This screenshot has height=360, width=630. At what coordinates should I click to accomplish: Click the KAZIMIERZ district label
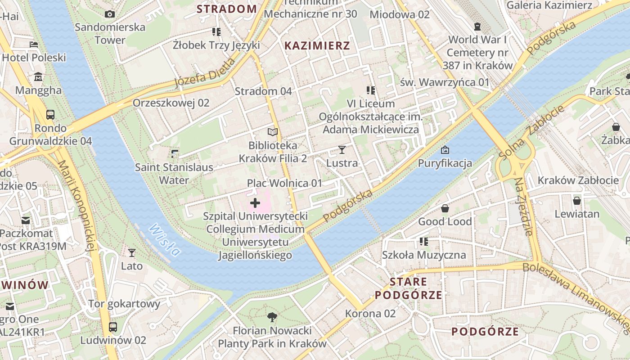(x=317, y=45)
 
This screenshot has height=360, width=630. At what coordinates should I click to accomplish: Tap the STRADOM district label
(x=226, y=9)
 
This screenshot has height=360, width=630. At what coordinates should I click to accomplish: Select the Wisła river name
(x=165, y=240)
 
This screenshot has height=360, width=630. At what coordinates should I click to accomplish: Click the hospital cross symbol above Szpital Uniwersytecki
(x=255, y=203)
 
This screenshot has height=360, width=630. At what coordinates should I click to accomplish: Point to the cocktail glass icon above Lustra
(x=342, y=150)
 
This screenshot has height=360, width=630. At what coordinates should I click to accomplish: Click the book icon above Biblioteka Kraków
(x=273, y=132)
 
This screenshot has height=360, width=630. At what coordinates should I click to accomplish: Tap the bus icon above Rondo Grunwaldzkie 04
(x=50, y=115)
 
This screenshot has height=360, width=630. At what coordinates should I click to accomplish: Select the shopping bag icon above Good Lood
(x=445, y=208)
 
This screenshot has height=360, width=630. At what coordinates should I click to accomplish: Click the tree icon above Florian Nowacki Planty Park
(x=272, y=317)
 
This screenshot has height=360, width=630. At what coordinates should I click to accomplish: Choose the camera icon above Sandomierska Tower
(x=110, y=14)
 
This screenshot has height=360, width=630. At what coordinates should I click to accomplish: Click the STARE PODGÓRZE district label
(x=408, y=288)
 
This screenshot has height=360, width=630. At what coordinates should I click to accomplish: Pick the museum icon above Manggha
(x=38, y=77)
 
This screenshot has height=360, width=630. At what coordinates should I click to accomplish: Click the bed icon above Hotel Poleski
(x=34, y=45)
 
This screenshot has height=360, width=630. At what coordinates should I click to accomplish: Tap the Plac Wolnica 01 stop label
(x=284, y=183)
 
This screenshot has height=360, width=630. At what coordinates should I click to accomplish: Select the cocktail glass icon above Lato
(x=132, y=253)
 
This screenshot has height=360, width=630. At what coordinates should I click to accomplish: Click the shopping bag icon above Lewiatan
(x=577, y=201)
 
